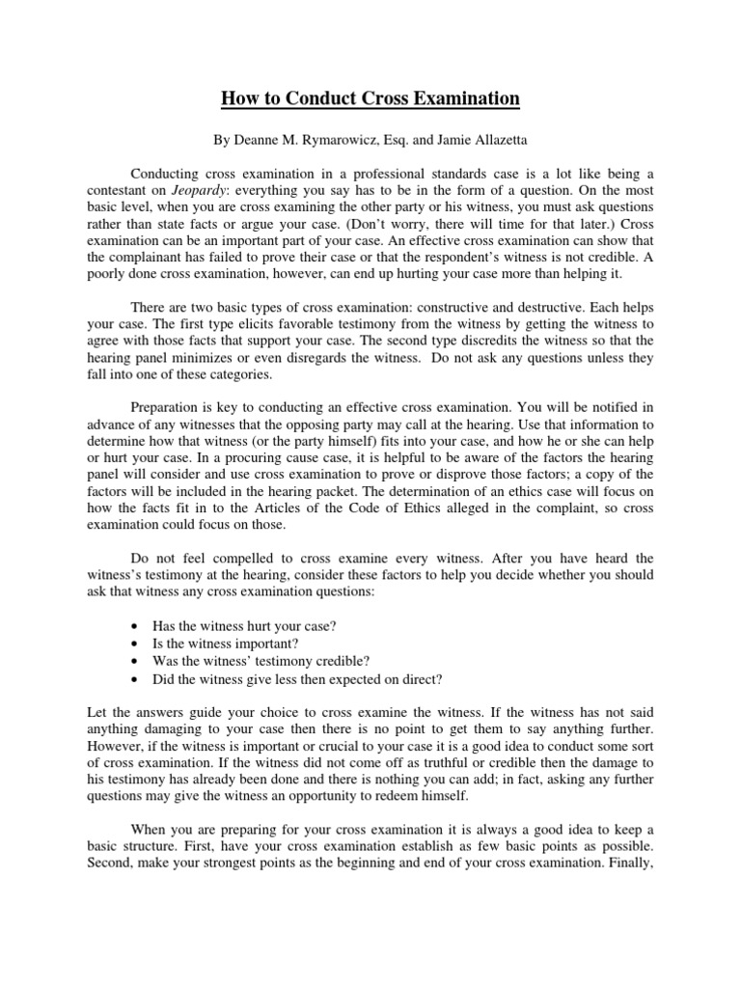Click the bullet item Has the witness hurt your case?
click(x=244, y=626)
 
